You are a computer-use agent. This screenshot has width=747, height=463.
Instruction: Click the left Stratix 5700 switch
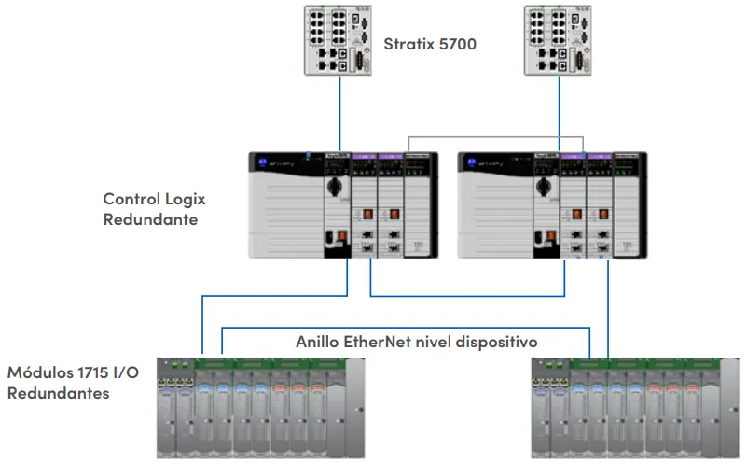[x=339, y=41]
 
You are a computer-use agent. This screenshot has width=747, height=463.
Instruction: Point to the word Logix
[x=184, y=199]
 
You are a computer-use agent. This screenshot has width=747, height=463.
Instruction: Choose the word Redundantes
[x=59, y=393]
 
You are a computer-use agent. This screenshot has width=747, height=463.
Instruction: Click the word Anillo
[x=319, y=342]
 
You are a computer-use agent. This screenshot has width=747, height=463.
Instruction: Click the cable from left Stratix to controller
[x=339, y=112]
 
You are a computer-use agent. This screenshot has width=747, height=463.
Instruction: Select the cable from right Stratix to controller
[x=560, y=112]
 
